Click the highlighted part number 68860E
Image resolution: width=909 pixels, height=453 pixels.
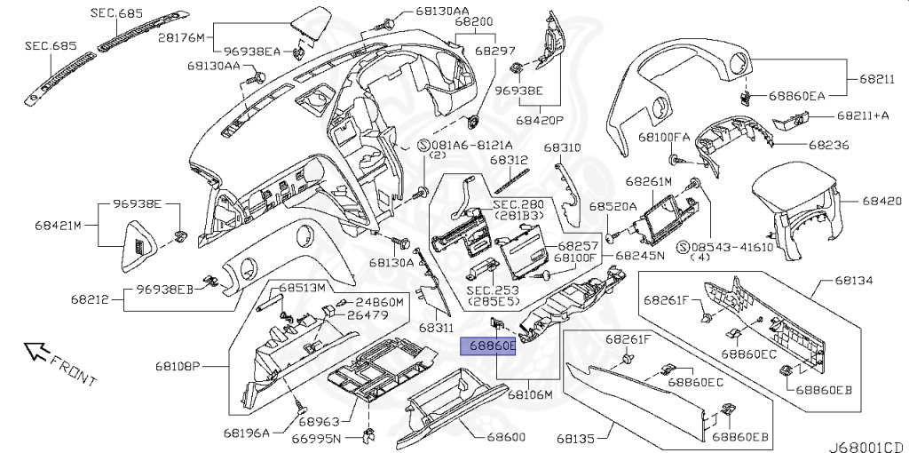(x=487, y=346)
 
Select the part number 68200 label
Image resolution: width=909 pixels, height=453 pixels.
(x=474, y=22)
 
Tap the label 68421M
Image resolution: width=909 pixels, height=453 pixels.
(x=58, y=225)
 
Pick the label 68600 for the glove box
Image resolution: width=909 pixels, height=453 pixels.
(x=506, y=437)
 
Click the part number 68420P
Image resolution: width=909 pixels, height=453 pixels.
(x=540, y=121)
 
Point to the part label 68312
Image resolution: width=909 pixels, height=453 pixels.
(x=509, y=160)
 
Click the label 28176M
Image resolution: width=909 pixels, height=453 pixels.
(x=181, y=37)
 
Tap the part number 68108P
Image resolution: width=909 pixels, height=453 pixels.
(x=178, y=366)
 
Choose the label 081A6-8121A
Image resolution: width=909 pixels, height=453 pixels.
(x=466, y=145)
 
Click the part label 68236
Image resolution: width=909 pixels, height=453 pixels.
(x=829, y=145)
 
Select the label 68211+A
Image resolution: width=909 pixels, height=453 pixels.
(x=863, y=115)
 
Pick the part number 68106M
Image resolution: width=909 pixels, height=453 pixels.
(x=531, y=394)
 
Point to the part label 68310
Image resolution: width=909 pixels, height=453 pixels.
(x=562, y=148)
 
